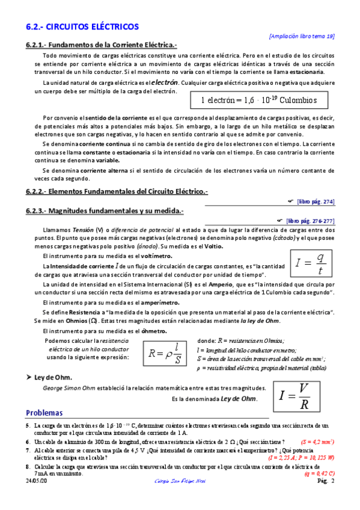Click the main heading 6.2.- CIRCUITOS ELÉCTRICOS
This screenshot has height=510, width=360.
(82, 27)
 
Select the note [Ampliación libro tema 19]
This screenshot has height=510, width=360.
(302, 36)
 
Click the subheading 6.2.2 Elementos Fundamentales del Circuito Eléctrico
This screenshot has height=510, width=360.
(117, 191)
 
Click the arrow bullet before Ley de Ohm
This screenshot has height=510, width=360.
(28, 377)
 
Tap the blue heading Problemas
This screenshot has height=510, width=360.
(44, 413)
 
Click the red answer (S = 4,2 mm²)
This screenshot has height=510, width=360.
(317, 441)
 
